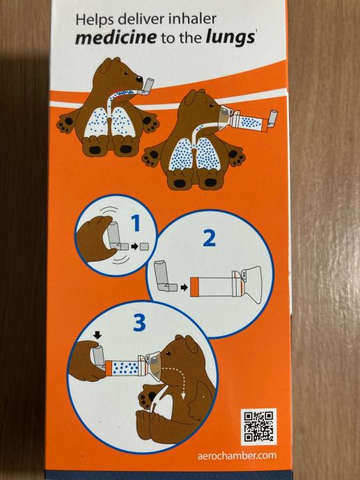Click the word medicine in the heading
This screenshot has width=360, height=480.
click(116, 38)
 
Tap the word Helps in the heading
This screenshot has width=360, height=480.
click(95, 20)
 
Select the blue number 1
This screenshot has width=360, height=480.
click(136, 223)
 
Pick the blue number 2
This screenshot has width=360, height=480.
click(210, 238)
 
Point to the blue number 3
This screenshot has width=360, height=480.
click(139, 323)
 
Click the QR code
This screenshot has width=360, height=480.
click(258, 426)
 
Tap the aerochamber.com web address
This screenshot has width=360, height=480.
click(237, 456)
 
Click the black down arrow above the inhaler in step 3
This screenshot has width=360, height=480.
click(97, 335)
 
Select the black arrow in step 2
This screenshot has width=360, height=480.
click(184, 287)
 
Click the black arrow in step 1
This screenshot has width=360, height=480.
click(134, 246)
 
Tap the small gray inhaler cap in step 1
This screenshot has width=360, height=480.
click(144, 246)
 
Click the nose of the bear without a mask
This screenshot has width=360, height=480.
click(139, 79)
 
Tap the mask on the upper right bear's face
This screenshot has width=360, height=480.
click(226, 115)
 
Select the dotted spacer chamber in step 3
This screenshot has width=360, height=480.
click(125, 367)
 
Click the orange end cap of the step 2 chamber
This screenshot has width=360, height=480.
click(194, 287)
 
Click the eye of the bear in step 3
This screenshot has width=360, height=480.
click(168, 353)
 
